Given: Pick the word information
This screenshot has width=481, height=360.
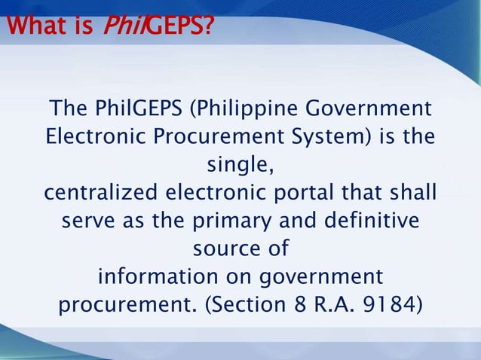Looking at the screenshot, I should coord(155,276).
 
